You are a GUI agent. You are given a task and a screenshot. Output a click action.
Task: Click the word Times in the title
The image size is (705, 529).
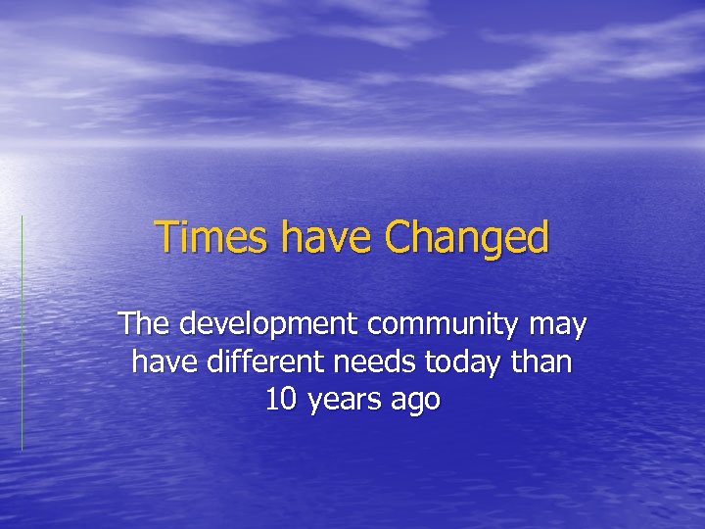pyautogui.click(x=208, y=238)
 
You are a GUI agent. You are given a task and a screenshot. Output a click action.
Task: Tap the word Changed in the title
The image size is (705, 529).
pyautogui.click(x=467, y=238)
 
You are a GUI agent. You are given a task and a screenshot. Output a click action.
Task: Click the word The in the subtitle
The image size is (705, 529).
pyautogui.click(x=142, y=324)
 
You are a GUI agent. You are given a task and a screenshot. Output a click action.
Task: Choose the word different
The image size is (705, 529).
pyautogui.click(x=267, y=362)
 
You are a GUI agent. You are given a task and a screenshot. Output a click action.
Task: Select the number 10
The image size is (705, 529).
pyautogui.click(x=280, y=400)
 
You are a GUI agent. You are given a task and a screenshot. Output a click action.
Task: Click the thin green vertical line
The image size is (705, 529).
pyautogui.click(x=22, y=333)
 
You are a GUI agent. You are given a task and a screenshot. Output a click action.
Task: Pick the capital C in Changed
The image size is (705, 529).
pyautogui.click(x=399, y=238)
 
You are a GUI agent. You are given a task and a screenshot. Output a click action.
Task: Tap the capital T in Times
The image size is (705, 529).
pyautogui.click(x=167, y=237)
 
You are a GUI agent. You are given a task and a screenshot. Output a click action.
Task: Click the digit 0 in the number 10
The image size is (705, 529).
pyautogui.click(x=288, y=400)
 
